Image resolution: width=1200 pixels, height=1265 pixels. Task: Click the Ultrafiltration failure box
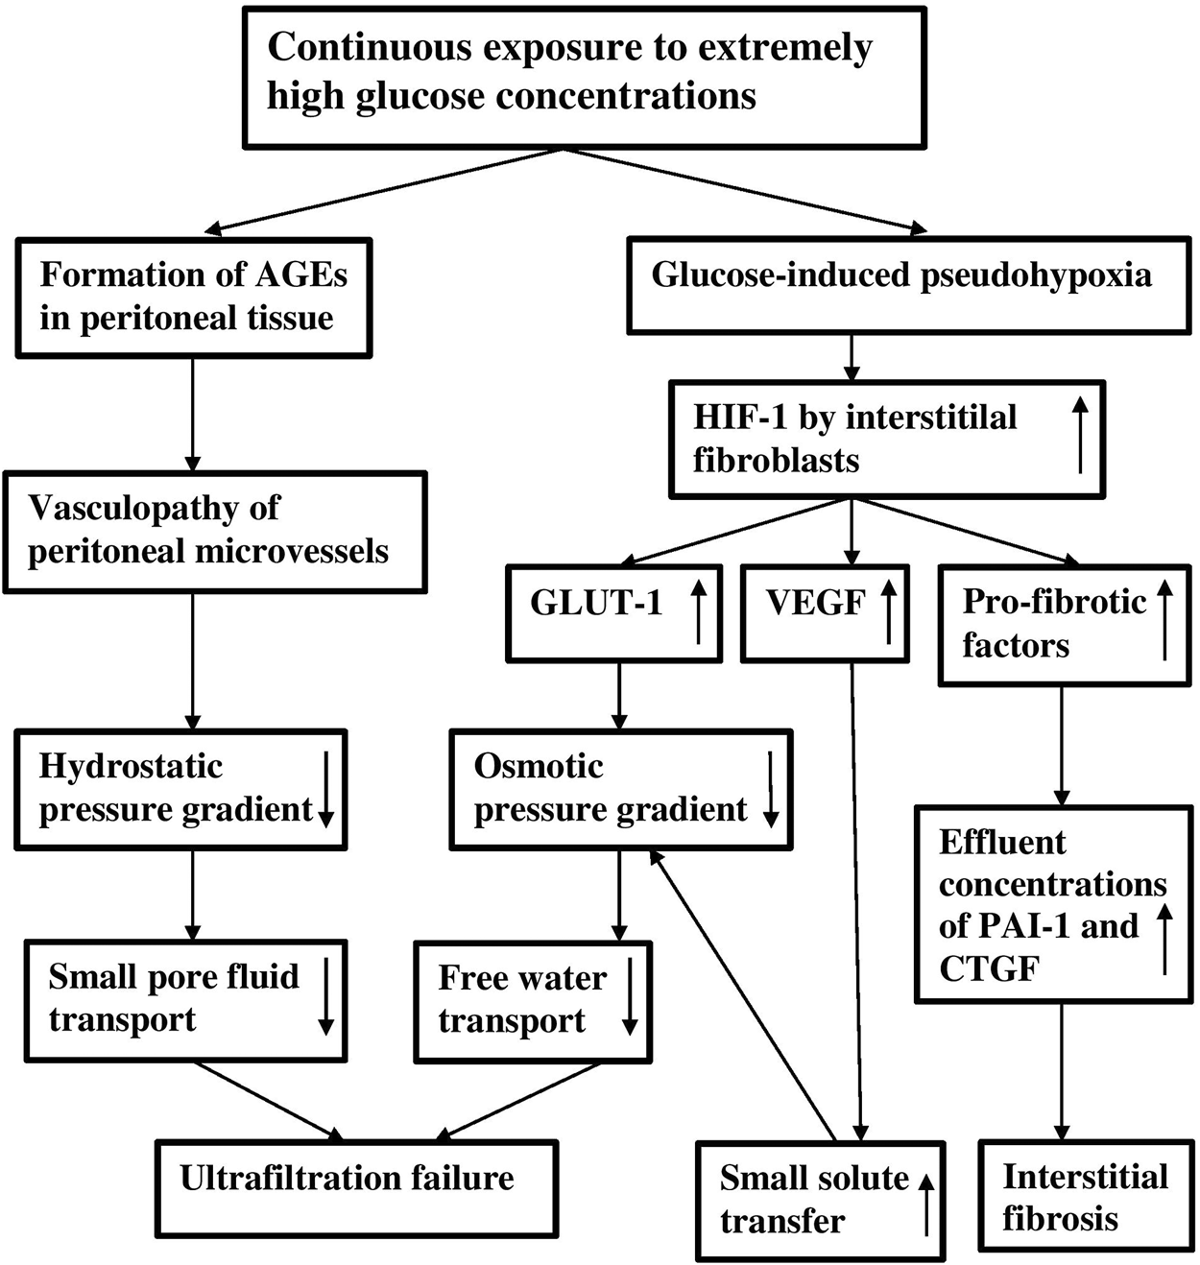click(356, 1187)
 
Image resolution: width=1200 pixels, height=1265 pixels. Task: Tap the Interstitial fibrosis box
click(1084, 1195)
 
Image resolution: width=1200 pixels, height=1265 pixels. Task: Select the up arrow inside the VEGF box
click(888, 611)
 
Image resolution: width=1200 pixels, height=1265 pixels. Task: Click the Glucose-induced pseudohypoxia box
click(907, 285)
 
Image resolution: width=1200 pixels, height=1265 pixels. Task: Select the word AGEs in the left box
click(300, 275)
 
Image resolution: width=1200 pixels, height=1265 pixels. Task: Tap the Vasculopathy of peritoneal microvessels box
click(214, 531)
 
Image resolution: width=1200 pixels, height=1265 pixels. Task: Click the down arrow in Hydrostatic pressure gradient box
click(325, 788)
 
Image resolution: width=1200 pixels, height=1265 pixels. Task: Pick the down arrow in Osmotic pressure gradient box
click(770, 788)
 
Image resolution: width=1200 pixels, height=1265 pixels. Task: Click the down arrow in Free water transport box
click(630, 995)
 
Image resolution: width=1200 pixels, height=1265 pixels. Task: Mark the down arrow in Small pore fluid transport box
click(325, 995)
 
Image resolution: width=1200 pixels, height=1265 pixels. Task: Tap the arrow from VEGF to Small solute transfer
click(856, 902)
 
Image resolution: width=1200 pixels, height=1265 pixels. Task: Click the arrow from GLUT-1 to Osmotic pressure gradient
click(619, 696)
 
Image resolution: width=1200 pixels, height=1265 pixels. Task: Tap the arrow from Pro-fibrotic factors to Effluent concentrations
click(1062, 746)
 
